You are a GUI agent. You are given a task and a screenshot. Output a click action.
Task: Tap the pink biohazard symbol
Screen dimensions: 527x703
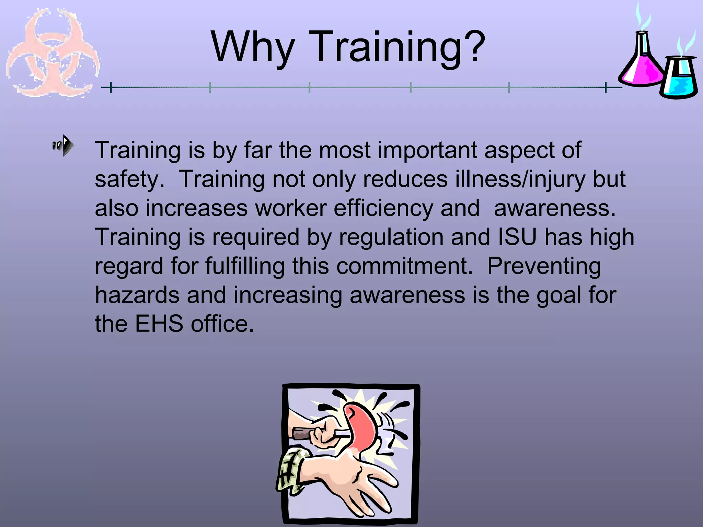pyautogui.click(x=53, y=53)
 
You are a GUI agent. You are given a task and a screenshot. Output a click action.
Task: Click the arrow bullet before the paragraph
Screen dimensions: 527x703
pyautogui.click(x=64, y=145)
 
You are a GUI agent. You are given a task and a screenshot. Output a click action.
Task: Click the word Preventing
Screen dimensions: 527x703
pyautogui.click(x=544, y=266)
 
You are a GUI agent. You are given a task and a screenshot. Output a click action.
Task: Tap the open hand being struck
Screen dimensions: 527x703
pyautogui.click(x=357, y=480)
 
